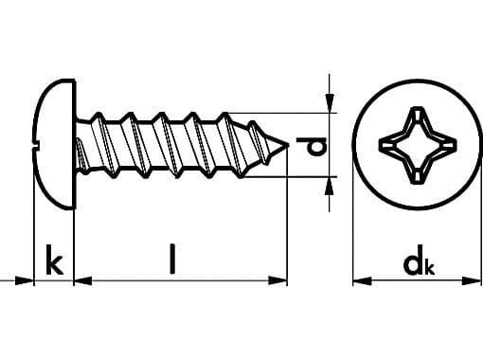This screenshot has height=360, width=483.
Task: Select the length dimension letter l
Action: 172,259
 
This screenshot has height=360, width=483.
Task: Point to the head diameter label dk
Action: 416,264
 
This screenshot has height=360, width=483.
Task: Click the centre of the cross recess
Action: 417,145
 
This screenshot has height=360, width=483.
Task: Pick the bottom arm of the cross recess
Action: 417,173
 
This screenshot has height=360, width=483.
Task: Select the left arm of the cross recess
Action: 388,145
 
